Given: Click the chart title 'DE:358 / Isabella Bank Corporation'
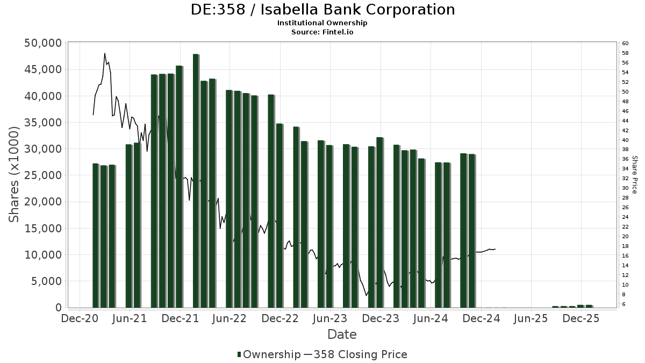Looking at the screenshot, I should tap(322, 10).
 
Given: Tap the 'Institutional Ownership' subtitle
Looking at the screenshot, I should tap(322, 23).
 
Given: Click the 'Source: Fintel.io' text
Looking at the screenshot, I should tap(322, 32).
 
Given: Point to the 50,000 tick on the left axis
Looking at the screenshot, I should tap(42, 43).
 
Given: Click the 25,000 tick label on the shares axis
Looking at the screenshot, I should tap(42, 175).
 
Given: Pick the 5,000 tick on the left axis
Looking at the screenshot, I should tap(45, 281).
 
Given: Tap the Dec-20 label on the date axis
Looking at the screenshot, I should tap(80, 318).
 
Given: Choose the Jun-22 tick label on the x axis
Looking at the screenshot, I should tap(230, 318).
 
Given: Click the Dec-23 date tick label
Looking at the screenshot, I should tap(381, 318).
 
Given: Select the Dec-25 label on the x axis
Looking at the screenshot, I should tap(581, 318).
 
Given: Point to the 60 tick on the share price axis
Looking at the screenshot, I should tap(625, 43).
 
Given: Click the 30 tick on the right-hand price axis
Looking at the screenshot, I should tap(625, 188).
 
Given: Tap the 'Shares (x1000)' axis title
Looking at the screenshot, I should tap(15, 175).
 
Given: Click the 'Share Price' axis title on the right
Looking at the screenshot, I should tap(635, 175).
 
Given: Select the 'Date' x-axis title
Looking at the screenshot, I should tap(342, 334).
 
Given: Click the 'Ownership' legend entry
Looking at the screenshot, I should tap(269, 354).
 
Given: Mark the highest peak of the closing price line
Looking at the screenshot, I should tap(105, 53).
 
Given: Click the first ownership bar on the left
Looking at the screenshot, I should tap(95, 235).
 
